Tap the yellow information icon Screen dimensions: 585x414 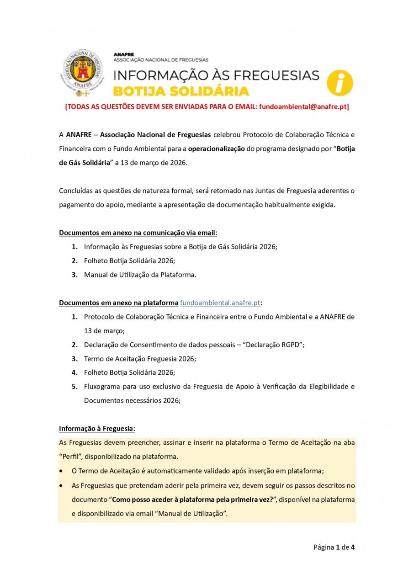[340, 83]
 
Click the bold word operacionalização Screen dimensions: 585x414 [217, 149]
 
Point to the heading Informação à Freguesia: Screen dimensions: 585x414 [97, 429]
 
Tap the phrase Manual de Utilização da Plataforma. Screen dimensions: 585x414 [140, 275]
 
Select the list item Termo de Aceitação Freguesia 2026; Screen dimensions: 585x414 [140, 359]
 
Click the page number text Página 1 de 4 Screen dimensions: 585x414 [334, 547]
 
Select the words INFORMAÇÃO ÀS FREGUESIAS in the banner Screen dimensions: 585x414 [216, 75]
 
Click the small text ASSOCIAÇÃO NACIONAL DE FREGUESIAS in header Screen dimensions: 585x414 [161, 60]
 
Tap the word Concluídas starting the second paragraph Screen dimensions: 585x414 [76, 191]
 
